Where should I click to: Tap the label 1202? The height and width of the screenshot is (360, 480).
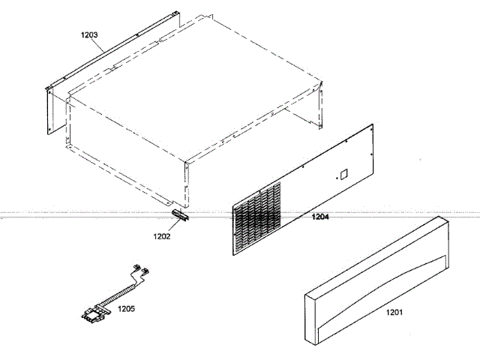pos(162,236)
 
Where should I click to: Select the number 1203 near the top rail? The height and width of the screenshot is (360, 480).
pos(89,34)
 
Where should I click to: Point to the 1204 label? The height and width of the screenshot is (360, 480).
pos(320,217)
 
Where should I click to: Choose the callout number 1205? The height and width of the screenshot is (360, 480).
pos(126,307)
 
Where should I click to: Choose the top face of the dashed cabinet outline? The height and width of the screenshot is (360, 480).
pos(195,82)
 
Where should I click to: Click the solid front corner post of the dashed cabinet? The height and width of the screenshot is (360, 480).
pos(184,184)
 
